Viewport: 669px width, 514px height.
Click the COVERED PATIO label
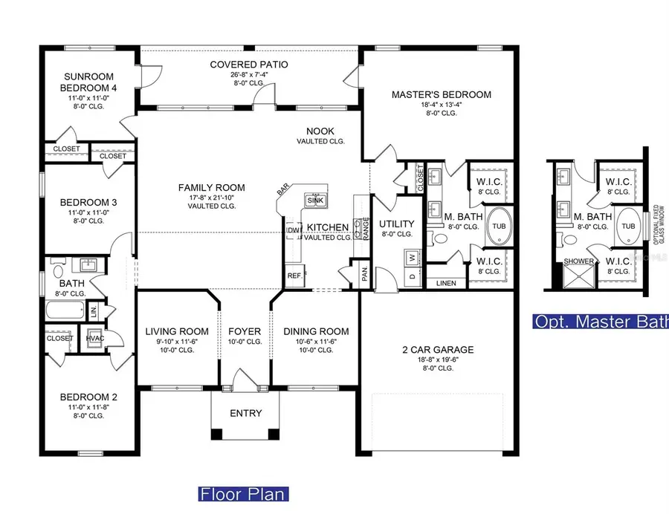click(248, 65)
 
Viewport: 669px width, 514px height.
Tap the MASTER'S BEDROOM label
click(442, 94)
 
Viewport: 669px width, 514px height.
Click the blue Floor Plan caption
click(242, 494)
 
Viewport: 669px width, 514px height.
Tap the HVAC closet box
click(94, 337)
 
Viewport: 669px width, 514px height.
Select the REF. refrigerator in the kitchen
click(293, 276)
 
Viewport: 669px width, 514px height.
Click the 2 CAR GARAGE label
click(438, 349)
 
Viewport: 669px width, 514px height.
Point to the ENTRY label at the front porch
click(245, 413)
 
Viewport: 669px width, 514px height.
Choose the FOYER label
click(245, 331)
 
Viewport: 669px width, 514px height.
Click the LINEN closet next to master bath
click(446, 283)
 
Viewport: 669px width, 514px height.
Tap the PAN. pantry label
click(365, 273)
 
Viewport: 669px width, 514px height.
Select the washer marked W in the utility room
click(411, 257)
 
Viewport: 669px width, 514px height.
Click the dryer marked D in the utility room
click(411, 276)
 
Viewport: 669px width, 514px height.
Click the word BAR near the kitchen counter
click(283, 191)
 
